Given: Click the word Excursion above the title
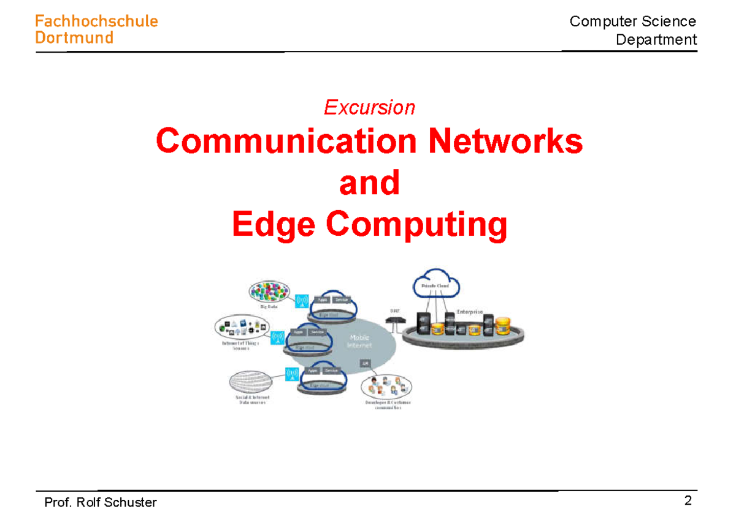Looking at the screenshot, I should click(369, 108).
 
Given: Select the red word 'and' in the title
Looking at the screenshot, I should click(369, 183).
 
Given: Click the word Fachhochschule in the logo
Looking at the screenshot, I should click(96, 21).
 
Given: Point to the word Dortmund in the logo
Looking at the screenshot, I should click(74, 38).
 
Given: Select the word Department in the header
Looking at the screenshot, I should click(656, 40).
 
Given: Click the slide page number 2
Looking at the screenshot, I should click(688, 500).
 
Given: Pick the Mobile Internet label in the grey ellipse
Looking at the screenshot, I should click(359, 341).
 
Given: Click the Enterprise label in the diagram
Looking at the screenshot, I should click(469, 312).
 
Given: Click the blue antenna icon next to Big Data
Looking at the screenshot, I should click(301, 301).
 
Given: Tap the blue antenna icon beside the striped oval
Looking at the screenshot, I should click(291, 373).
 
